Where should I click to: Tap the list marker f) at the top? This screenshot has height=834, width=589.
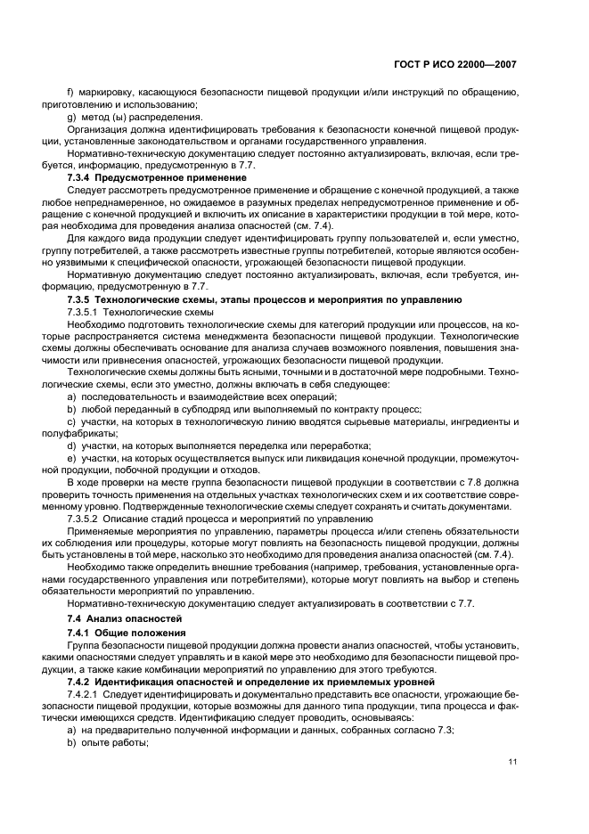tap(71, 92)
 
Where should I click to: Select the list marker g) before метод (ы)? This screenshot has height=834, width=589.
tap(71, 116)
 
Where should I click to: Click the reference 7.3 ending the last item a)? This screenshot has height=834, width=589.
tap(446, 730)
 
